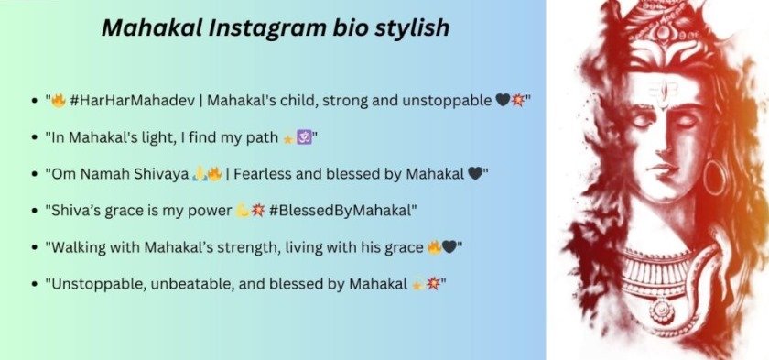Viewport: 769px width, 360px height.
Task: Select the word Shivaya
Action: (154, 174)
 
